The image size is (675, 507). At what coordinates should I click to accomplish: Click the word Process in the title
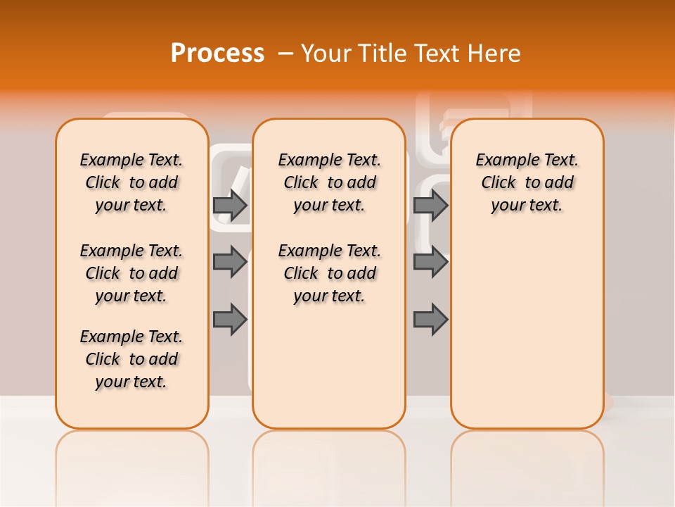[217, 53]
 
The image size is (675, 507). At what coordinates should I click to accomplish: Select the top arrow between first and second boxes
[230, 205]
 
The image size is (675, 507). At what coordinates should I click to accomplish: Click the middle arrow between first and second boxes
[230, 262]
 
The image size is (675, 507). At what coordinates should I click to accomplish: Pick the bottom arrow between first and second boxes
[230, 320]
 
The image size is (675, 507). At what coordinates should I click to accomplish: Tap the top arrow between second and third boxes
[430, 205]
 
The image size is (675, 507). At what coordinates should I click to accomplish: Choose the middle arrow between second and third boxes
[430, 262]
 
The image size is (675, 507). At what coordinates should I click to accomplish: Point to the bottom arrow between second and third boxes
[430, 320]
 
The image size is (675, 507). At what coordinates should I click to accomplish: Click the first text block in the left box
[131, 182]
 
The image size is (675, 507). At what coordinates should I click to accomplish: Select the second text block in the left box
[131, 273]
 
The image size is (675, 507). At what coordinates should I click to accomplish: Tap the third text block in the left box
[131, 359]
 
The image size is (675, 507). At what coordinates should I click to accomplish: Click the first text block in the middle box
[330, 182]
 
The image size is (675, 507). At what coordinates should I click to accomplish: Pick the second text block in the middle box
[330, 273]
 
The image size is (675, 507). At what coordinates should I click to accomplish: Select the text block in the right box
[527, 182]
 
